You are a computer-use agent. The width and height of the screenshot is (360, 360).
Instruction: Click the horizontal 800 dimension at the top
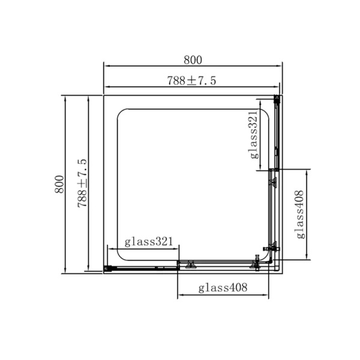point(193,60)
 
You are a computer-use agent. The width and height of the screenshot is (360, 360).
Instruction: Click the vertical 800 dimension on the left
point(59,184)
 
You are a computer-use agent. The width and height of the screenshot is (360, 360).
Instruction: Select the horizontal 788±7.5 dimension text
point(192,80)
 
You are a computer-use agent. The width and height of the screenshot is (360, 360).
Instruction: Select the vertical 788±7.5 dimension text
point(82,183)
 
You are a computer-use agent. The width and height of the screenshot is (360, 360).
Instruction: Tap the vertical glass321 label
point(254,135)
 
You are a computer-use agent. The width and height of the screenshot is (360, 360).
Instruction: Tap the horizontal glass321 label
point(149,242)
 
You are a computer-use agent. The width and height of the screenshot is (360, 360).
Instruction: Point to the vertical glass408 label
point(300,214)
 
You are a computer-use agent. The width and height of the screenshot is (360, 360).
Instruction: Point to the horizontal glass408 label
point(223,287)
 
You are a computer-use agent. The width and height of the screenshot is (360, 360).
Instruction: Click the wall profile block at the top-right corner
point(277,99)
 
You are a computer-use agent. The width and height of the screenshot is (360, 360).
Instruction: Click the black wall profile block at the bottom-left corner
point(107,268)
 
